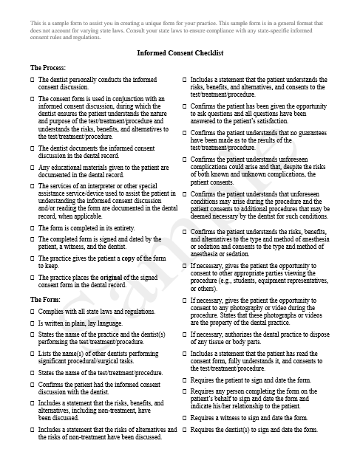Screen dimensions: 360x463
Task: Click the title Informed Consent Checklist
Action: point(180,54)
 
